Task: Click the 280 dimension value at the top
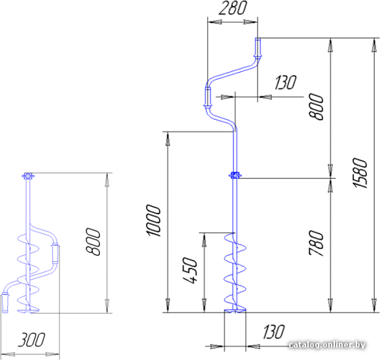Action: [233, 9]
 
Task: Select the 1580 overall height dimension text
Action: [360, 173]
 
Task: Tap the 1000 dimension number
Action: [154, 221]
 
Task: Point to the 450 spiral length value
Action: [190, 270]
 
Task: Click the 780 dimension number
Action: [317, 243]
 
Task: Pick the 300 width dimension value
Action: [31, 340]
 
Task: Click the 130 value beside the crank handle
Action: [285, 82]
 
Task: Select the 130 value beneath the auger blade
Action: [273, 332]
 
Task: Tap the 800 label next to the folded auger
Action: [94, 242]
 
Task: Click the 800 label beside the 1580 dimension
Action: [317, 107]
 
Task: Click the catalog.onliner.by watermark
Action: [327, 345]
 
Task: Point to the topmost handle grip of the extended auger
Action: [258, 48]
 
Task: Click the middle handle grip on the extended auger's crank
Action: [208, 97]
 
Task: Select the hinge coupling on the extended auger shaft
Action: [235, 175]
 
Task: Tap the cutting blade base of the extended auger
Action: [235, 310]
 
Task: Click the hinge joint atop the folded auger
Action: [28, 175]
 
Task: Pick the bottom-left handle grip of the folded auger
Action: [5, 303]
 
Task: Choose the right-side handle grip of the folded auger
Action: [55, 254]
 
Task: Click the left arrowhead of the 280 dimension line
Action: [215, 22]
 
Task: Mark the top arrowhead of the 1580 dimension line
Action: [374, 45]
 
